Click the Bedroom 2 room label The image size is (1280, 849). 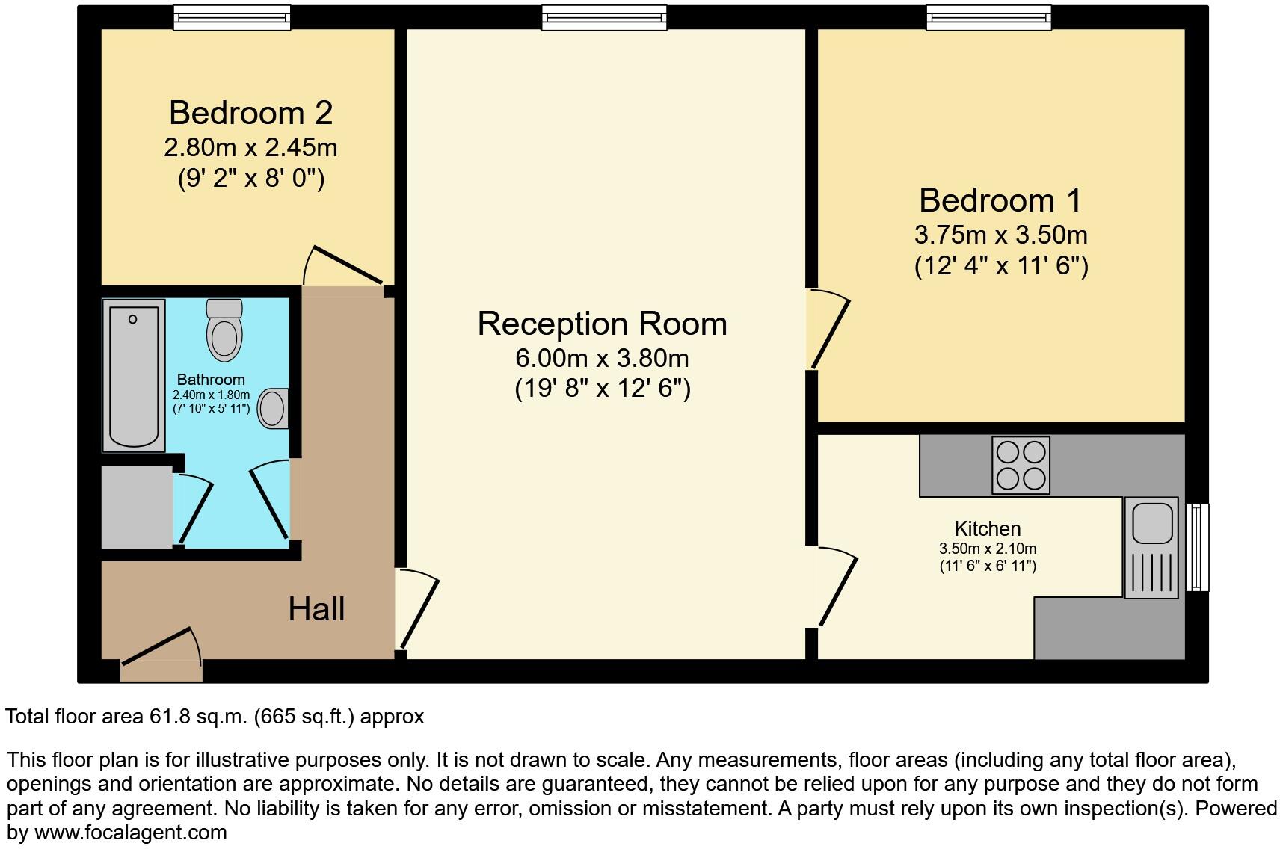250,113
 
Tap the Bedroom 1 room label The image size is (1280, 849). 1000,200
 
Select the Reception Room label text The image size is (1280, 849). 602,324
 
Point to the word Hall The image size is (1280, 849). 316,609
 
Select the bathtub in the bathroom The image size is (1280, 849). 134,375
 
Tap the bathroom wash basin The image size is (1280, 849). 273,409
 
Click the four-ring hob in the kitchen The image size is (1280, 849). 1021,466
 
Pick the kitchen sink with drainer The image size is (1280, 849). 1151,547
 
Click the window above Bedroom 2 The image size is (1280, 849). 232,16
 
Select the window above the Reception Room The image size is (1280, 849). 603,16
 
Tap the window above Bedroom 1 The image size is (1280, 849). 988,16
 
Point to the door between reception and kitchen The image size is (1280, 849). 836,587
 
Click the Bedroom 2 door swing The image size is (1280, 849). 344,265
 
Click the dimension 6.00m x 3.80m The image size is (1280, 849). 602,359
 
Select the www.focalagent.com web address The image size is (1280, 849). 130,832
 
